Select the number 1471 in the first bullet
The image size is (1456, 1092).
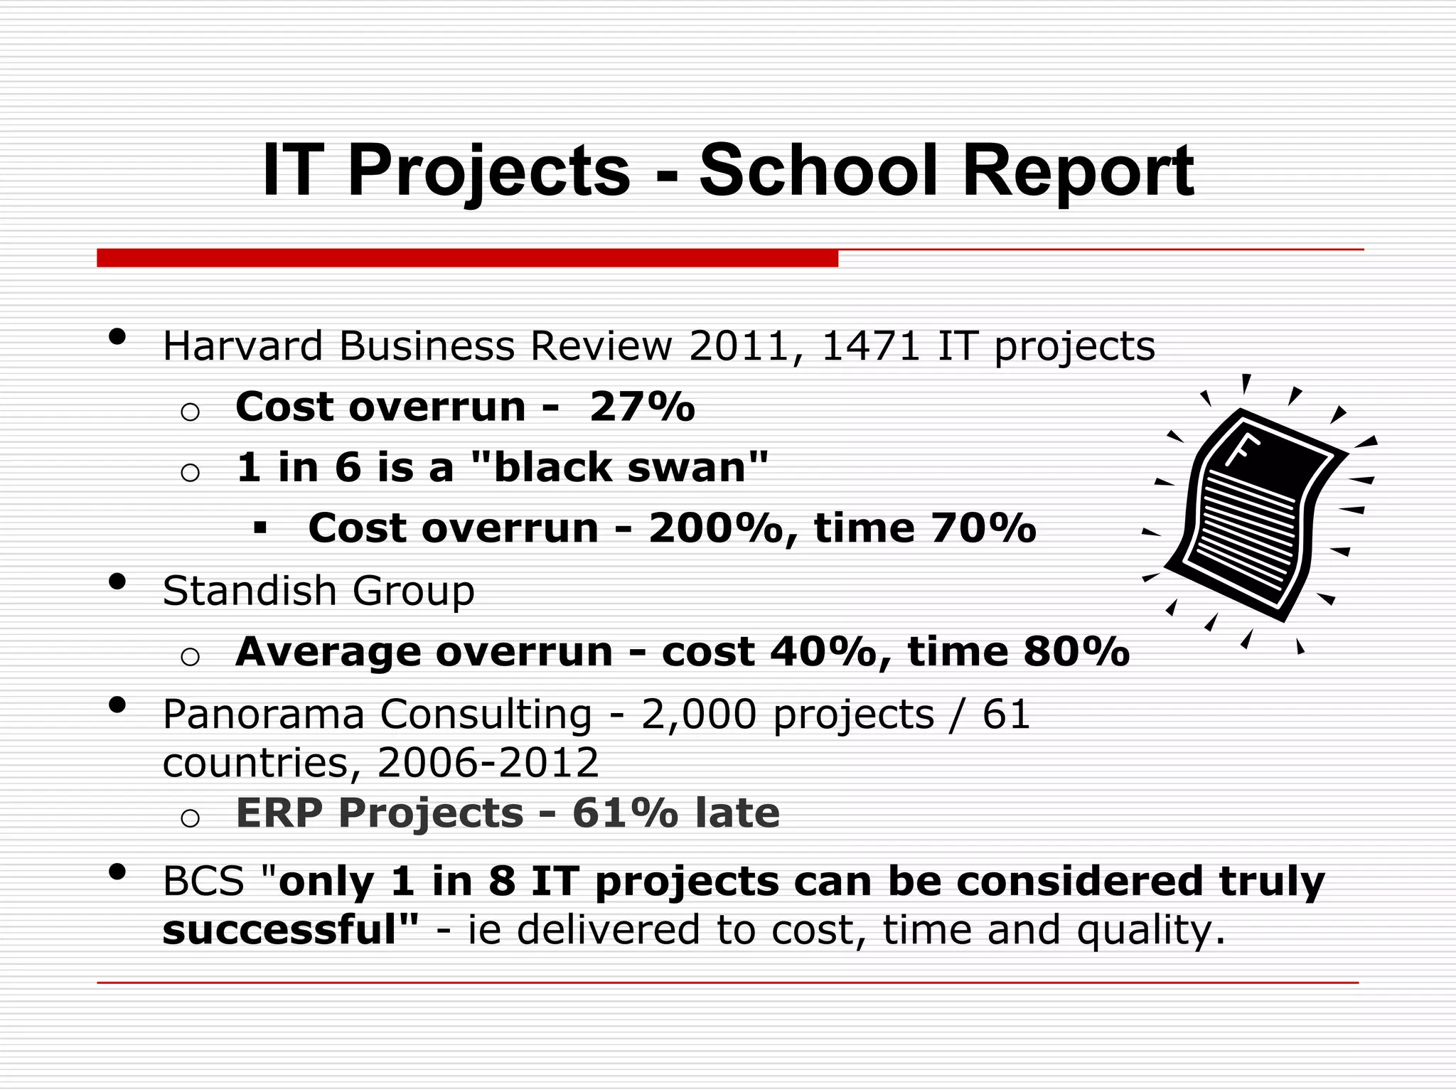[x=870, y=346]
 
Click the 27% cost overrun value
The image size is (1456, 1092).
[x=642, y=407]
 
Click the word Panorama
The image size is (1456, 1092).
[x=263, y=714]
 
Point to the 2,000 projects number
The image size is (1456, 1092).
[x=699, y=714]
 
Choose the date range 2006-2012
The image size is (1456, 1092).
[x=488, y=763]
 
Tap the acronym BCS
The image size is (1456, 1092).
[x=203, y=882]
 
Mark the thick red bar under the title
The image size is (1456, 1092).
[x=467, y=258]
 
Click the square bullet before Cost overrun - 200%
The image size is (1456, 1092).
[x=260, y=528]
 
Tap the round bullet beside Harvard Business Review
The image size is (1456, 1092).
[x=118, y=336]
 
